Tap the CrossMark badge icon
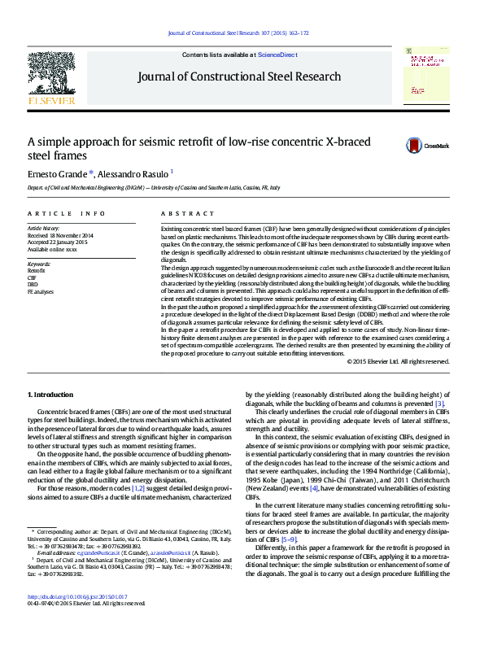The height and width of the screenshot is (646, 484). [x=416, y=146]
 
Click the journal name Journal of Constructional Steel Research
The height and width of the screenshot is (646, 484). [x=239, y=76]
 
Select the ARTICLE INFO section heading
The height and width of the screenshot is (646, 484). [x=67, y=213]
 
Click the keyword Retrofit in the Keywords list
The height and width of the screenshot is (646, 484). [x=37, y=271]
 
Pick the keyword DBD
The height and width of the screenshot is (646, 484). [x=33, y=284]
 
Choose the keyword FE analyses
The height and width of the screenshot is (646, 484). [x=41, y=290]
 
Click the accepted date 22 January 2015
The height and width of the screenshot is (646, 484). [x=66, y=242]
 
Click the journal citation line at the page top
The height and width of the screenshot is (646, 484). [x=238, y=33]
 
